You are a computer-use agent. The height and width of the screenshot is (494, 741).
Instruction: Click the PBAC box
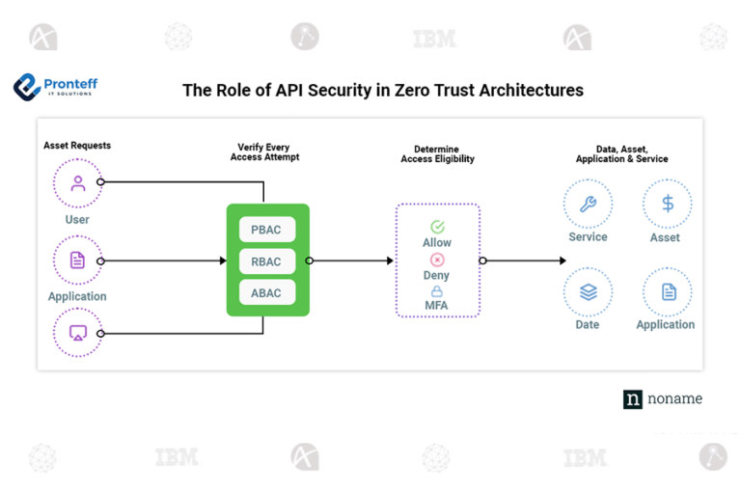pos(267,230)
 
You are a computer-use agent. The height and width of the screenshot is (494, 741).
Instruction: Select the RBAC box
pos(267,261)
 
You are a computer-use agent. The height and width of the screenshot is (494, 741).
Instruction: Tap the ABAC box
pos(267,293)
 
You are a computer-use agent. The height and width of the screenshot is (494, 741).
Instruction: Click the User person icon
pos(78,183)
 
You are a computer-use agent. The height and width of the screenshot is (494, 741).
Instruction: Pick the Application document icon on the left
pos(78,261)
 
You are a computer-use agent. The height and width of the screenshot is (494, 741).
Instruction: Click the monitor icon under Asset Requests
pos(78,333)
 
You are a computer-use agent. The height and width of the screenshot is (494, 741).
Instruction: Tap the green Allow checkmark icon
pos(437,227)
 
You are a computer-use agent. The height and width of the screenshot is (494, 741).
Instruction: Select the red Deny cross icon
pos(437,260)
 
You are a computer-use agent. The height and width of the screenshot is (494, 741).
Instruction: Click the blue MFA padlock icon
pos(437,291)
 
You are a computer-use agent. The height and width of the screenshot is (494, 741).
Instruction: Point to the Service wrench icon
pos(588,204)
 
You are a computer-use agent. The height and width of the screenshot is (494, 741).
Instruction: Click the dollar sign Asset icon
pos(667,204)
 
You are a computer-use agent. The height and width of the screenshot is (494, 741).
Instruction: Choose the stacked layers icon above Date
pos(588,291)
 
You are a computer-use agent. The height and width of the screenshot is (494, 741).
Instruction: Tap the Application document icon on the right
pos(667,291)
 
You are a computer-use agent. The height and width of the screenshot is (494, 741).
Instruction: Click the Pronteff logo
pos(55,87)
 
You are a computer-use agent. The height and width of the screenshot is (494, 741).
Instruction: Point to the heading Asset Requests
pos(77,146)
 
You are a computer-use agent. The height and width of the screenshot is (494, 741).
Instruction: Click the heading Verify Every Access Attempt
pos(267,151)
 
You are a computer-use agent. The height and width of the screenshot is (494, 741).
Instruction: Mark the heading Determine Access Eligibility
pos(437,154)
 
